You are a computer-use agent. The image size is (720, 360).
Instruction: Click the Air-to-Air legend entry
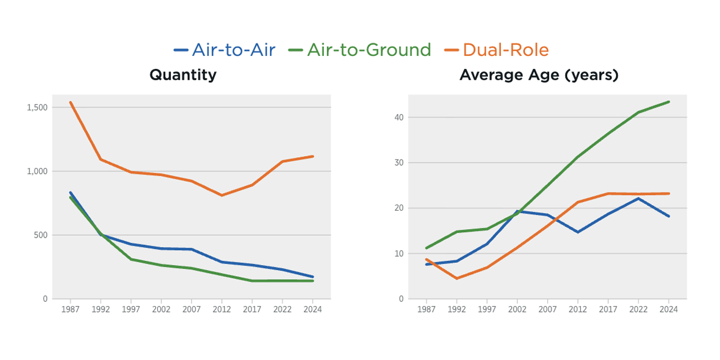(x=225, y=50)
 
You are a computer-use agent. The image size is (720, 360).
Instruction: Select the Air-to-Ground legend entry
(x=360, y=50)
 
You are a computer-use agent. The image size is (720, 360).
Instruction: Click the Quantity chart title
(x=183, y=76)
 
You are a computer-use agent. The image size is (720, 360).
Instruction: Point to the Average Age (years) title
(x=539, y=76)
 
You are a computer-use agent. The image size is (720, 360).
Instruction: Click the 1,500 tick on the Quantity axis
(x=37, y=107)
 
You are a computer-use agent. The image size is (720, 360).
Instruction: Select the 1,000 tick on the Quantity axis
(x=37, y=171)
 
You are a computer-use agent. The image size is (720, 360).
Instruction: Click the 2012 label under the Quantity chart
(x=221, y=310)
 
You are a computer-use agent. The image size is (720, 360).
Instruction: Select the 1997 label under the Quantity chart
(x=131, y=310)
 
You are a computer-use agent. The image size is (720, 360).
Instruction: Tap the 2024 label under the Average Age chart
(x=668, y=310)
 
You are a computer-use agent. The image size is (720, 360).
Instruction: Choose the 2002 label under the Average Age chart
(x=517, y=310)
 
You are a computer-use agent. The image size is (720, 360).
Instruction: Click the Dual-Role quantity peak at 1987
(x=71, y=103)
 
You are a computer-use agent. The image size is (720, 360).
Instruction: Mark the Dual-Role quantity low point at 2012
(x=221, y=195)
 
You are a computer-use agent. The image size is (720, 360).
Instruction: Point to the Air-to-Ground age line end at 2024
(x=668, y=102)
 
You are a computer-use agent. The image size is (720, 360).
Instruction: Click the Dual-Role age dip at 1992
(x=457, y=278)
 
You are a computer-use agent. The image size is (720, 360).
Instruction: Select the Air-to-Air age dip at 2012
(x=577, y=232)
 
